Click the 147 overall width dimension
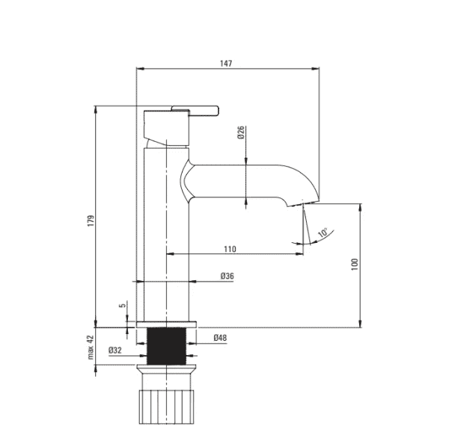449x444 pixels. tap(226, 64)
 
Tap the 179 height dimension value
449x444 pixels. tap(91, 221)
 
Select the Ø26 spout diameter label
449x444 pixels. tap(241, 132)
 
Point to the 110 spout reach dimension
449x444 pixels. tap(230, 249)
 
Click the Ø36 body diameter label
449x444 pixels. tap(227, 276)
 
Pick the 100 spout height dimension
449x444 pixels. tap(355, 265)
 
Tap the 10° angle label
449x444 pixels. tap(323, 232)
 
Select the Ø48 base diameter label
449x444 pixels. tap(220, 338)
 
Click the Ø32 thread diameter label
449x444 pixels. tap(114, 350)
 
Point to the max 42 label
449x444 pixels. tap(91, 347)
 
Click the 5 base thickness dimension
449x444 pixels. tap(123, 306)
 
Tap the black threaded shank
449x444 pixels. tap(166, 346)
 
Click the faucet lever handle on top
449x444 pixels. tap(195, 111)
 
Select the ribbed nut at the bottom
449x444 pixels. tap(166, 407)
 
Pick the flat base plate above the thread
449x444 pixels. tap(166, 324)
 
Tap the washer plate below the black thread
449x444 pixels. tap(166, 366)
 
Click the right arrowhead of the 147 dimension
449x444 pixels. tap(315, 69)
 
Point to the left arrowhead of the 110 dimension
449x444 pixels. tap(171, 253)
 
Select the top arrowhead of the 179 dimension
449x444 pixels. tap(96, 110)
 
